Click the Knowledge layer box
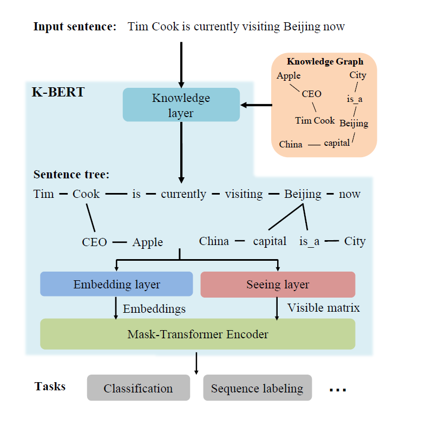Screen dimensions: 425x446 click(x=181, y=105)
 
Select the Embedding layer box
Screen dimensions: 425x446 click(x=116, y=284)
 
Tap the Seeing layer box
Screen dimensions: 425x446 click(x=278, y=284)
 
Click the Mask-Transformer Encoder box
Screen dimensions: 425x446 click(x=198, y=334)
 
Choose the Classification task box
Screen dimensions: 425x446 click(x=139, y=388)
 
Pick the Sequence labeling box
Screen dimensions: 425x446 click(x=257, y=388)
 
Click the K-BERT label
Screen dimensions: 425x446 click(x=58, y=92)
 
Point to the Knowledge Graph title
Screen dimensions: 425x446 click(x=325, y=62)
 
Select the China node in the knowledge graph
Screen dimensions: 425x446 click(x=291, y=144)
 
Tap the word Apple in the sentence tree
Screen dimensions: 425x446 click(x=147, y=242)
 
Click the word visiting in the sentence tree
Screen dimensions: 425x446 click(x=244, y=194)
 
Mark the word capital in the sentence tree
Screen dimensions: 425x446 click(x=270, y=241)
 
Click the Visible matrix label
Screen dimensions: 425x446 click(x=323, y=308)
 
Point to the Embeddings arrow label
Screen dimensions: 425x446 click(x=154, y=309)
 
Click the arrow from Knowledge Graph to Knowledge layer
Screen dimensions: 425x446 click(x=257, y=105)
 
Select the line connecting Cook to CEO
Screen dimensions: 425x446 click(x=90, y=217)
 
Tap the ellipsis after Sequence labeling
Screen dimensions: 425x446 click(x=337, y=389)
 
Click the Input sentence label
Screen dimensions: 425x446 click(x=75, y=27)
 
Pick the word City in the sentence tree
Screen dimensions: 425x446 click(x=355, y=241)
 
